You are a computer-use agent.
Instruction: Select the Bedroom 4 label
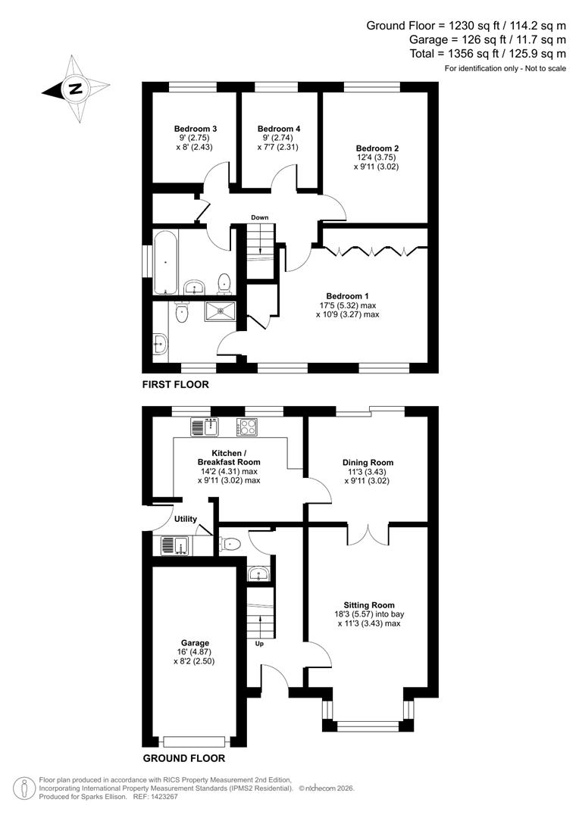pos(278,129)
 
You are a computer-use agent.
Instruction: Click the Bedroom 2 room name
pos(377,148)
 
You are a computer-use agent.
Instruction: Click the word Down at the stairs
pos(260,218)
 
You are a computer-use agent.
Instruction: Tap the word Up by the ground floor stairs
pos(258,644)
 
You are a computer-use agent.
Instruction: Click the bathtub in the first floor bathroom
pos(165,263)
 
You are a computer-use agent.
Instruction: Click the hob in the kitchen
pos(248,427)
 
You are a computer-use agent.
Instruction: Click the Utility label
pos(186,519)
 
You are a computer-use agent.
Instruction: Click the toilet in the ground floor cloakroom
pos(230,542)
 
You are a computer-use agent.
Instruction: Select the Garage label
pos(195,643)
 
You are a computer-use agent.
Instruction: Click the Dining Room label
pos(368,462)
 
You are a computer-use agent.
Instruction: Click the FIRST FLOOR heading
pos(175,385)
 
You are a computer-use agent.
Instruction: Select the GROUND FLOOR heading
pos(183,757)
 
